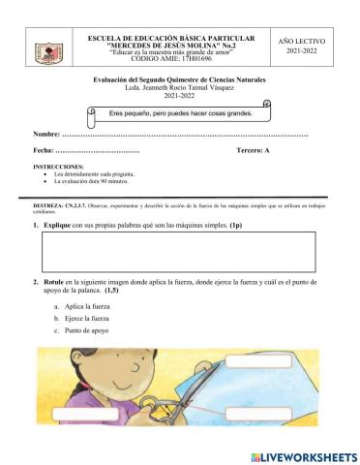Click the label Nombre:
pyautogui.click(x=45, y=133)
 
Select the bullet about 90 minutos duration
pyautogui.click(x=94, y=181)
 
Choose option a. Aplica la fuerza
pyautogui.click(x=84, y=305)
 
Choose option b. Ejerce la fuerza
pyautogui.click(x=84, y=318)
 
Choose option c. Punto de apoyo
pyautogui.click(x=84, y=331)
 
